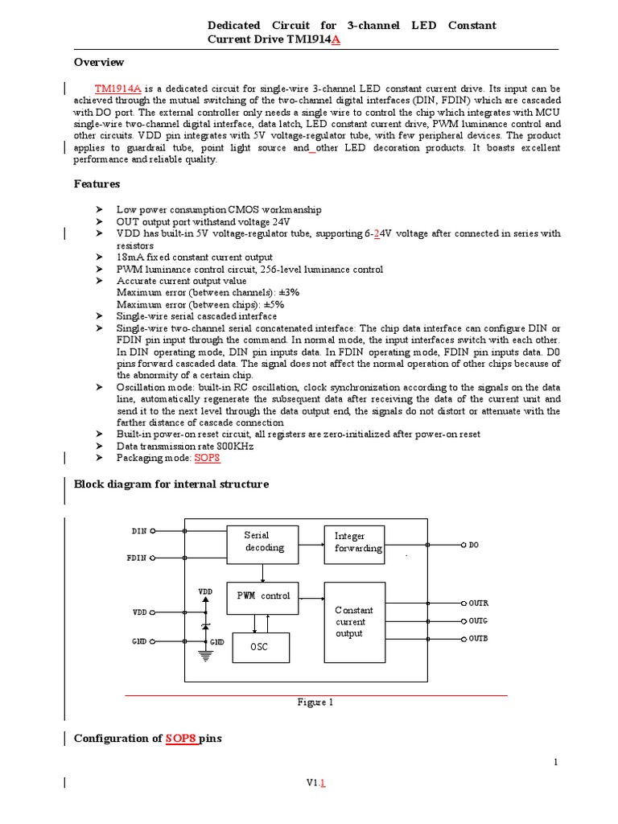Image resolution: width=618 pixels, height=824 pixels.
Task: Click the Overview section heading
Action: (99, 63)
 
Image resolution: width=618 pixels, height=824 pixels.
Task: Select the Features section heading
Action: (97, 184)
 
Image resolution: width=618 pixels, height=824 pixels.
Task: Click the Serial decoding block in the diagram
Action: (262, 542)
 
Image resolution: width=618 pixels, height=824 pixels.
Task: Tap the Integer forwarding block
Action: (353, 542)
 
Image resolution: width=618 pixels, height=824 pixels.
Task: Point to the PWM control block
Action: (262, 597)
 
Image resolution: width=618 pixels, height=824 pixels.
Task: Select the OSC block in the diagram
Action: (260, 647)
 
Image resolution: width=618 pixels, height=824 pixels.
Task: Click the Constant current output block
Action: (353, 622)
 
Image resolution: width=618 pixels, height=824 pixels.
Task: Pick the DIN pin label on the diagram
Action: (140, 531)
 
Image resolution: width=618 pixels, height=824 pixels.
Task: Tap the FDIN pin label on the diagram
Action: (138, 557)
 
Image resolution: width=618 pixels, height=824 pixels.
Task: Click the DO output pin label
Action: (474, 545)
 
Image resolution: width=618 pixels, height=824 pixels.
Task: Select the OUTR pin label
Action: (478, 603)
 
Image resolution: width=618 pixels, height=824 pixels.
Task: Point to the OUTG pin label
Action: (478, 620)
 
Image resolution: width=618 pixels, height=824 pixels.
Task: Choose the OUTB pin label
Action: (478, 638)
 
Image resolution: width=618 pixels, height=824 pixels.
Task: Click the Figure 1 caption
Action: (315, 702)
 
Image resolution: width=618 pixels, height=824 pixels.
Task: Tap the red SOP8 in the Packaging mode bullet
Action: (207, 458)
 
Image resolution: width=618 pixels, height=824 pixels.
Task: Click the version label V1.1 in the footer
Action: (315, 782)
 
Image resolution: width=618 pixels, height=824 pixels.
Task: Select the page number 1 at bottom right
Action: (555, 762)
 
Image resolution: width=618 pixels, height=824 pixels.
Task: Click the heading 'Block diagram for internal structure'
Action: (171, 484)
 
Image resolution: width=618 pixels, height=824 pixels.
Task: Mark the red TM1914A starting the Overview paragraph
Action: (118, 88)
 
